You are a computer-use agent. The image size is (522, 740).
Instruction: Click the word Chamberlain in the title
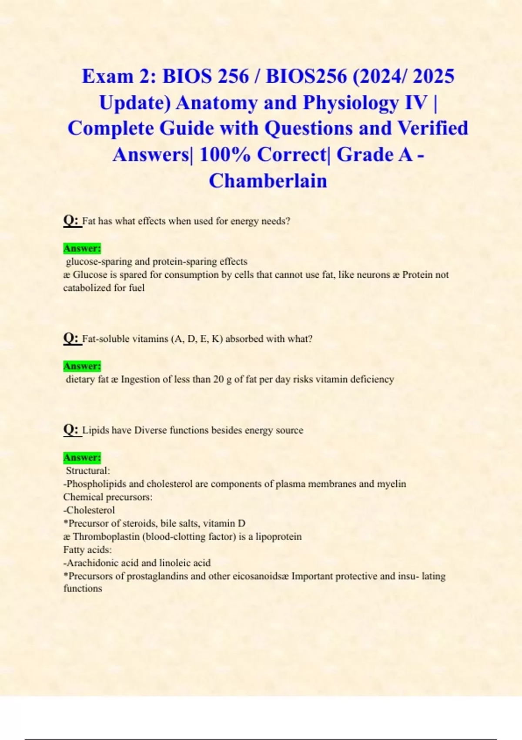tap(268, 181)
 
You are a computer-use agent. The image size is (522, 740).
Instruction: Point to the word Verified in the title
tap(433, 129)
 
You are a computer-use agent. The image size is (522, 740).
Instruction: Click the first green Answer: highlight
tap(82, 249)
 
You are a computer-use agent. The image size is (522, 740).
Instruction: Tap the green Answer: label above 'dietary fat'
tap(82, 366)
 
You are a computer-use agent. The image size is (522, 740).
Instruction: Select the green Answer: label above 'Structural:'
tap(82, 457)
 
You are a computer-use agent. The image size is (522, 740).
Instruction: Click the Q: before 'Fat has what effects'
tap(71, 221)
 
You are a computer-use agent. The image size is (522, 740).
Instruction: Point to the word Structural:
tap(88, 471)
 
